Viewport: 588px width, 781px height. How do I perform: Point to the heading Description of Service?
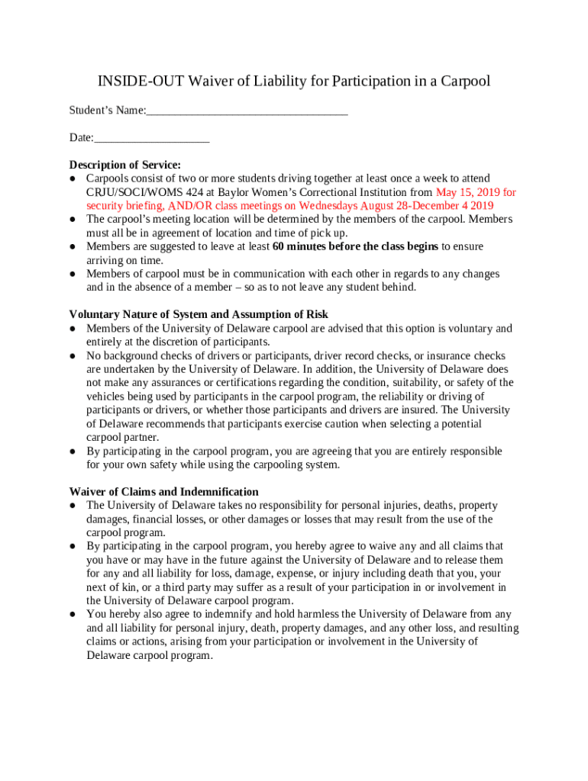(x=125, y=165)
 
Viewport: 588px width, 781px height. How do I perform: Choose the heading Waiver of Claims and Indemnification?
(x=163, y=491)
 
